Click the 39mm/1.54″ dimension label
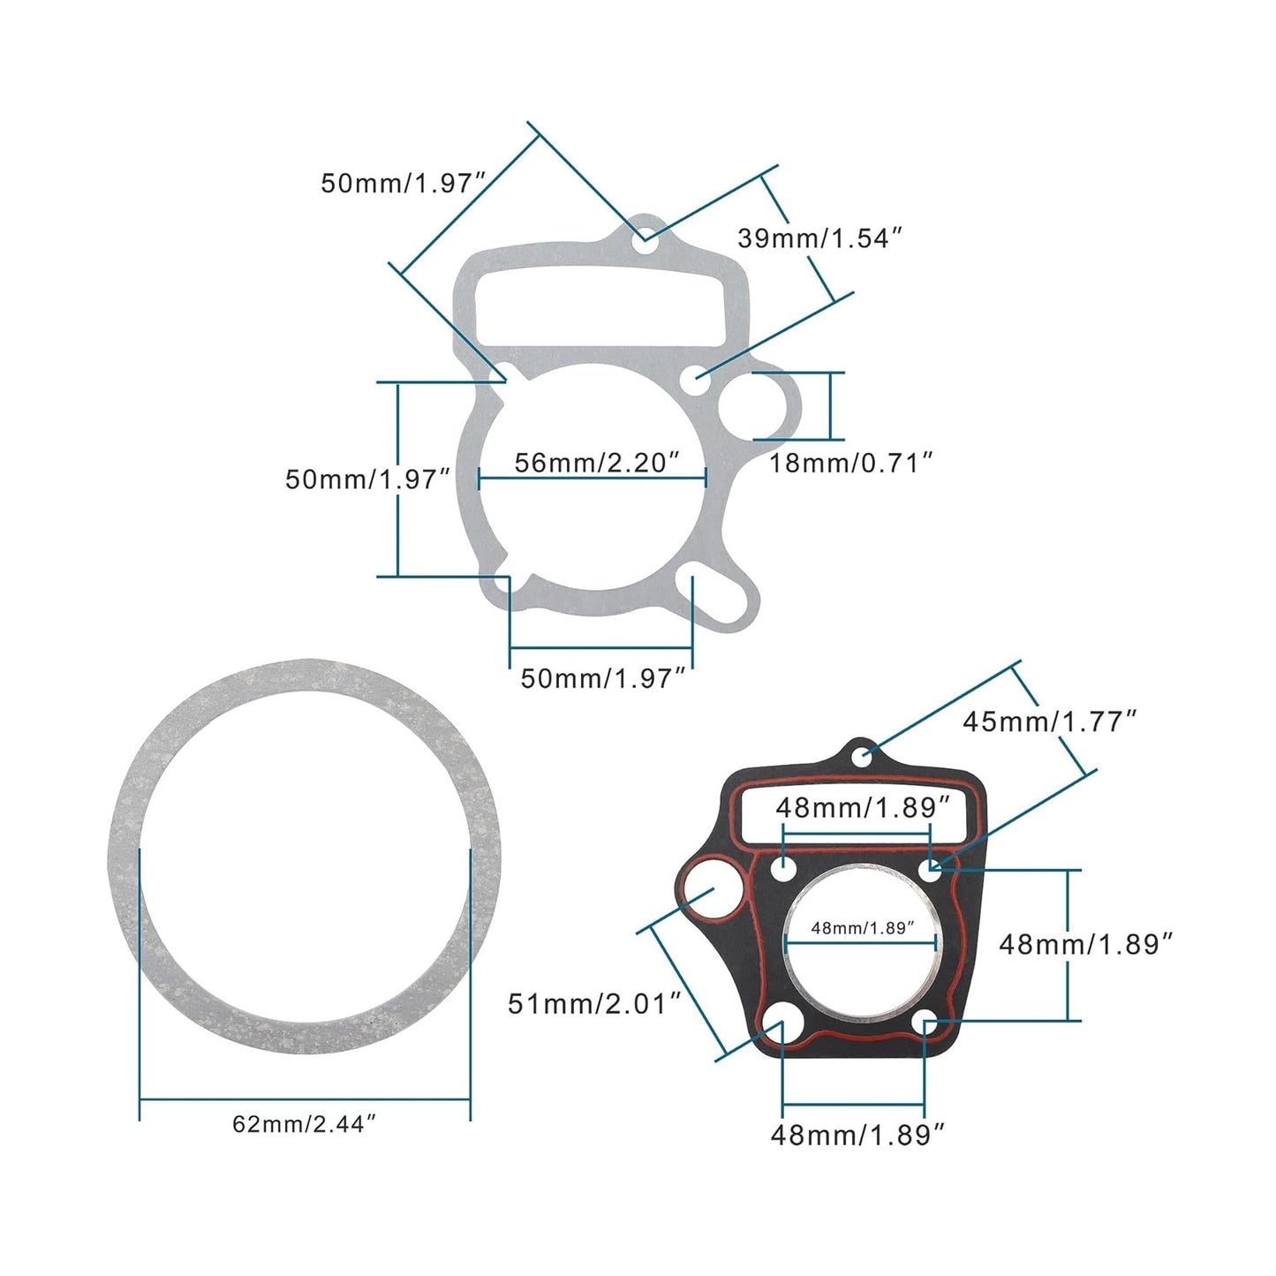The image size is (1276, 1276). pyautogui.click(x=819, y=238)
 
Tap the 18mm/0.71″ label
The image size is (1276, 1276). pyautogui.click(x=849, y=462)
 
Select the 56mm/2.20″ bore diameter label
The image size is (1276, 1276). pyautogui.click(x=597, y=462)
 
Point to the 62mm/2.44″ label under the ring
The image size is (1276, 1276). pyautogui.click(x=305, y=1124)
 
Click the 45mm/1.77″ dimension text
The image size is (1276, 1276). pyautogui.click(x=1049, y=721)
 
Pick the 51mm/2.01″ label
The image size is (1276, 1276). pyautogui.click(x=594, y=1003)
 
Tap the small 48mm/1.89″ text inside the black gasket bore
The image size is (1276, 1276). pyautogui.click(x=862, y=927)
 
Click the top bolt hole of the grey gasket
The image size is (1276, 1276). pyautogui.click(x=648, y=238)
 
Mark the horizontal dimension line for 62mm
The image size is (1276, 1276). pyautogui.click(x=305, y=1099)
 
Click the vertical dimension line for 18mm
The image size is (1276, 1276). pyautogui.click(x=830, y=406)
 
